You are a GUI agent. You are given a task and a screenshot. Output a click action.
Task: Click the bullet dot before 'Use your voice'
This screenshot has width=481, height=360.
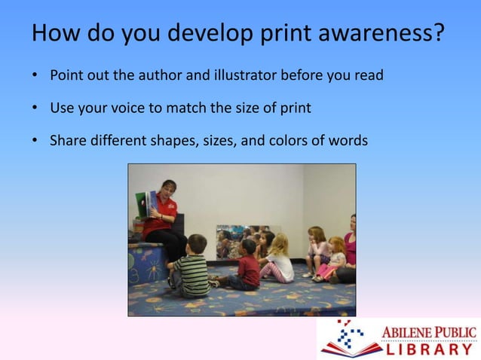(35, 108)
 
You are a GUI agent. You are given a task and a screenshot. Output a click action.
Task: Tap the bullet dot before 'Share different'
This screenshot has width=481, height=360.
(35, 139)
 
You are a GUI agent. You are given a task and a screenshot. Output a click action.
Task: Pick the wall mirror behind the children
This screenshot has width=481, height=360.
(241, 239)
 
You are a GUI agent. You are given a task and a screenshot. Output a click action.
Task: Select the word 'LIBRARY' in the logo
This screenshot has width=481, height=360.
(430, 349)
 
